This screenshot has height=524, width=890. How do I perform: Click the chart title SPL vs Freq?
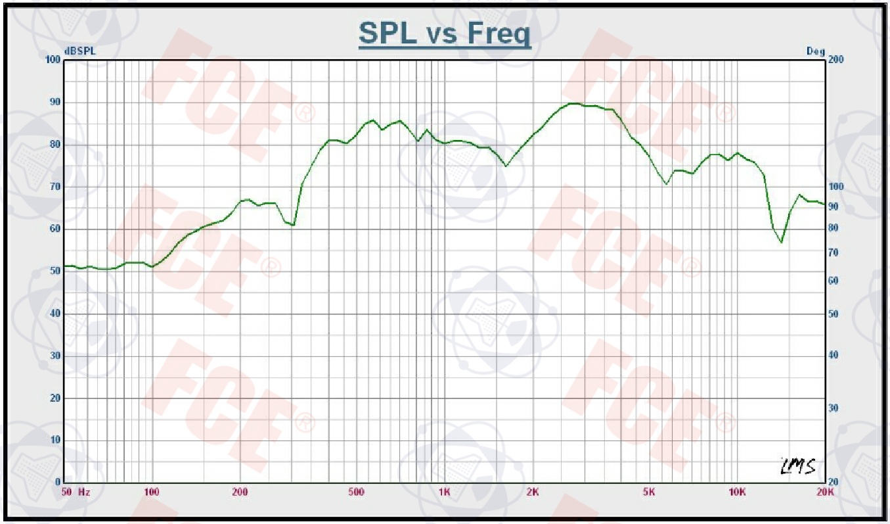[x=445, y=34]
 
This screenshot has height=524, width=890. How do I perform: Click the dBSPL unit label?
[x=79, y=51]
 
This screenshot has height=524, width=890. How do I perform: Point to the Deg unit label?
[x=815, y=51]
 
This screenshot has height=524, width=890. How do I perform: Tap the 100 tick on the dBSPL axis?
[x=53, y=60]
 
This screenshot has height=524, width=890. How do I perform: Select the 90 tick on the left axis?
[x=55, y=103]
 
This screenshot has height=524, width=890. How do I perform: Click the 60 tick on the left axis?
[x=55, y=229]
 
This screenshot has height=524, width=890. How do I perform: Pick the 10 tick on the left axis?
[x=55, y=441]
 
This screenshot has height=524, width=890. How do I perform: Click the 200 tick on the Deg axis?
[x=836, y=60]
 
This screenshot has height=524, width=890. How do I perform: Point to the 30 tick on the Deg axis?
[x=834, y=408]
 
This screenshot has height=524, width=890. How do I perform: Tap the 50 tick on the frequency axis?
[x=66, y=492]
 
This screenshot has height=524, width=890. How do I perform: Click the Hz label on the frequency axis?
[x=84, y=492]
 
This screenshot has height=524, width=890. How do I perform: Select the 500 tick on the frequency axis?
[x=355, y=492]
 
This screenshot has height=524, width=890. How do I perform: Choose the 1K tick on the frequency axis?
[x=444, y=492]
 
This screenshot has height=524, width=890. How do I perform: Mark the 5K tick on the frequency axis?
[x=649, y=492]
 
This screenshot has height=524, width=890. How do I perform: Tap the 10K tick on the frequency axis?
[x=737, y=492]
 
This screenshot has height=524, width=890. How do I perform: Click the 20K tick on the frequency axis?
[x=825, y=492]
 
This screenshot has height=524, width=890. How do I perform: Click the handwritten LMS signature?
[x=798, y=466]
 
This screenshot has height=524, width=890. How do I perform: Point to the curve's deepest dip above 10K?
[x=782, y=242]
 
